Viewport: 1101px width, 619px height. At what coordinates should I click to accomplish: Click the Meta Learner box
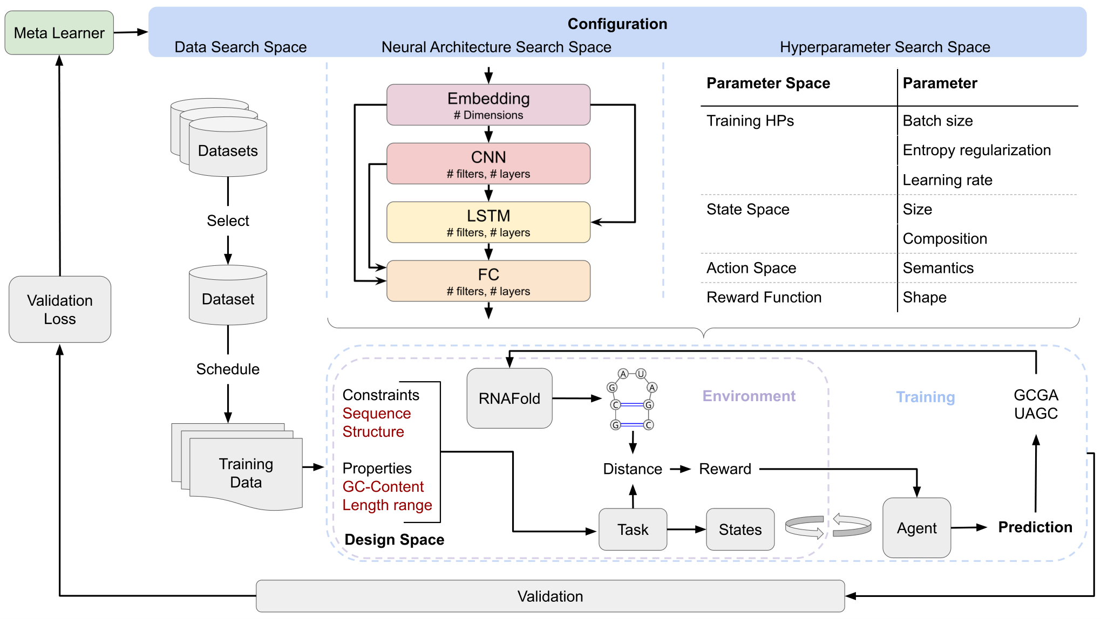(x=59, y=33)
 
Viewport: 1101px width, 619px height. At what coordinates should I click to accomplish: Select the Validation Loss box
(x=60, y=309)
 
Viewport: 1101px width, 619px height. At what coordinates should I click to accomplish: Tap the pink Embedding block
(x=488, y=105)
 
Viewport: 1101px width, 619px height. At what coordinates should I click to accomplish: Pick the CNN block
(x=488, y=163)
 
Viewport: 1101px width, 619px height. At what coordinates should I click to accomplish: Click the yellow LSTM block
(x=488, y=222)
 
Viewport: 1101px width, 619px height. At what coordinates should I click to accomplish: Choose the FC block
(x=488, y=281)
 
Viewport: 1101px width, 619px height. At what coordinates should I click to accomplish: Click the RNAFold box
(x=509, y=398)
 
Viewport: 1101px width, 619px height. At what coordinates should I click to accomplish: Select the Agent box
(x=917, y=528)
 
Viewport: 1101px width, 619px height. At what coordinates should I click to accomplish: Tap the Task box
(x=633, y=529)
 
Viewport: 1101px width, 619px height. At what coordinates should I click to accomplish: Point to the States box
(x=740, y=529)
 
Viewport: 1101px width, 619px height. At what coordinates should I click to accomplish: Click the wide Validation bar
(x=550, y=596)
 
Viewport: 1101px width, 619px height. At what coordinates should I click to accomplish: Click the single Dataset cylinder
(x=228, y=295)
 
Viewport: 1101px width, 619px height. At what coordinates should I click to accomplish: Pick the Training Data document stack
(x=237, y=467)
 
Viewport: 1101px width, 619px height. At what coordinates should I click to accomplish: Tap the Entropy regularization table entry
(x=977, y=150)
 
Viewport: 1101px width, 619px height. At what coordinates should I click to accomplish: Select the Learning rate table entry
(x=948, y=180)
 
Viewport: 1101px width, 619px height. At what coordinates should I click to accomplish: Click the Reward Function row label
(x=764, y=297)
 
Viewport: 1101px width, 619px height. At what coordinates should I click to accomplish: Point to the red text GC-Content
(x=383, y=486)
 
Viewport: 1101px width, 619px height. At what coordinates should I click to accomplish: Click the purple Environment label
(x=749, y=396)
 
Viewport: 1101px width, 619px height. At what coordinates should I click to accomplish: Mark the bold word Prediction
(x=1035, y=527)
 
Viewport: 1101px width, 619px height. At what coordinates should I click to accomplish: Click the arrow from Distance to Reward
(x=681, y=469)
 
